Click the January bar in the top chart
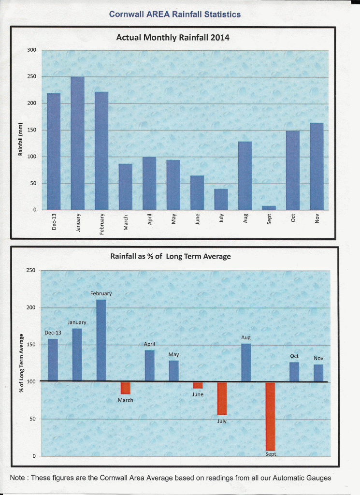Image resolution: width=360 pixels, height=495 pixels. pos(77,143)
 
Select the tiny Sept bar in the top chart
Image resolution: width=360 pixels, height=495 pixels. pos(269,208)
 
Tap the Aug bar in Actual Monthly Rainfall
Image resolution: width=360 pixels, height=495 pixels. pos(245,175)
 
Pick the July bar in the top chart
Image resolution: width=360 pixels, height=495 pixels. pos(221,199)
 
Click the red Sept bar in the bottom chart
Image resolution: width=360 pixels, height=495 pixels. pos(270,416)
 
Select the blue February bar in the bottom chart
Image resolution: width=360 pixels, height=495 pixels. pos(101,340)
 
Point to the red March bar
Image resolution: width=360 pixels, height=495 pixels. pos(126,388)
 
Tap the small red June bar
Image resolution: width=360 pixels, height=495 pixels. pos(198,385)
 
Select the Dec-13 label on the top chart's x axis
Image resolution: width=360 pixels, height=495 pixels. pos(54,222)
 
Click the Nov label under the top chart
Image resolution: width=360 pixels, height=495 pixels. pos(317,219)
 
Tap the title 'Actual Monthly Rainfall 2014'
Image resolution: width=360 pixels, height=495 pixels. pos(173,37)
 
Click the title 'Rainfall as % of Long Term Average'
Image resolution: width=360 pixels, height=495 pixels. pos(171,257)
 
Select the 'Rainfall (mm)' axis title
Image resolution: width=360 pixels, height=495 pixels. pos(21,138)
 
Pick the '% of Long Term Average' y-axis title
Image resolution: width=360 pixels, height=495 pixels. pos(22,363)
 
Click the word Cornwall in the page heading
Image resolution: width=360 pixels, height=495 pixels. pos(128,14)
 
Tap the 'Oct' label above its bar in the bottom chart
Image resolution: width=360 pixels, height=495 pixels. pos(294,356)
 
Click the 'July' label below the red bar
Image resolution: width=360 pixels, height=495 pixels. pos(222,421)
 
